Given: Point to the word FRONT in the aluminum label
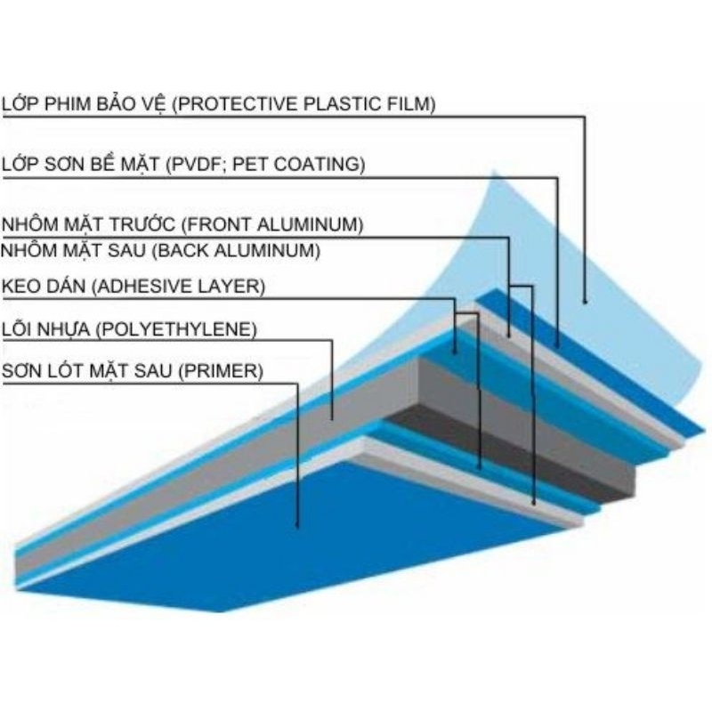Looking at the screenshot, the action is point(219,224).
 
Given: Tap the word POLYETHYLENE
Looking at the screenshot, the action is point(176,329).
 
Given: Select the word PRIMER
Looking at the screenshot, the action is point(221,371).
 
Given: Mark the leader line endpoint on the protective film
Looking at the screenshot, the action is point(585,302).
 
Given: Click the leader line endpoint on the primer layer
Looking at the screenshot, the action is point(297,527).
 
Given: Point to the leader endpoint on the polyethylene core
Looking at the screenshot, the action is point(332,418).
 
